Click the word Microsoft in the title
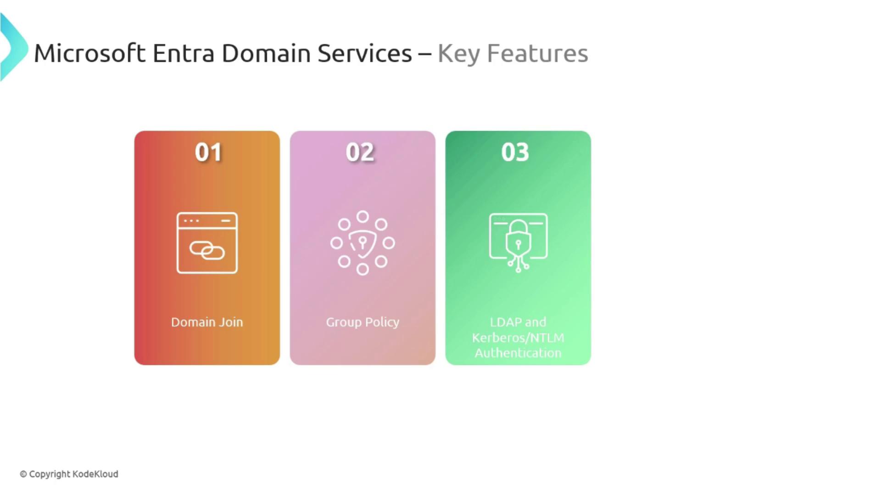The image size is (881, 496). pos(90,53)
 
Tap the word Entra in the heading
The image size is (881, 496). pos(183,53)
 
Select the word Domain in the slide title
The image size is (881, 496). pos(266,53)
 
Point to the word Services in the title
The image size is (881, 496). pos(364,53)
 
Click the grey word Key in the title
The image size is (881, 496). pos(458,54)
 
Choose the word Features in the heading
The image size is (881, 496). pos(537,53)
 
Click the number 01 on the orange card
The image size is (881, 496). pos(208,152)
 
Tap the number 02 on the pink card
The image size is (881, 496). pos(360,152)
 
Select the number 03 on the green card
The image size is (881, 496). pos(515,152)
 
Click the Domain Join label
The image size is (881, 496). pos(207,322)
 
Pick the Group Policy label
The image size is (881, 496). pos(362,322)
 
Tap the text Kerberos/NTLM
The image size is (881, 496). pos(518,338)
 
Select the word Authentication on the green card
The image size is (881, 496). pos(518,353)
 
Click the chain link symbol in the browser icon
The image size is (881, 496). pos(207,250)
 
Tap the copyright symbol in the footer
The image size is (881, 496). pos(23,474)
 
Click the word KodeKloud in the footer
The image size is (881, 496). pos(95,474)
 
